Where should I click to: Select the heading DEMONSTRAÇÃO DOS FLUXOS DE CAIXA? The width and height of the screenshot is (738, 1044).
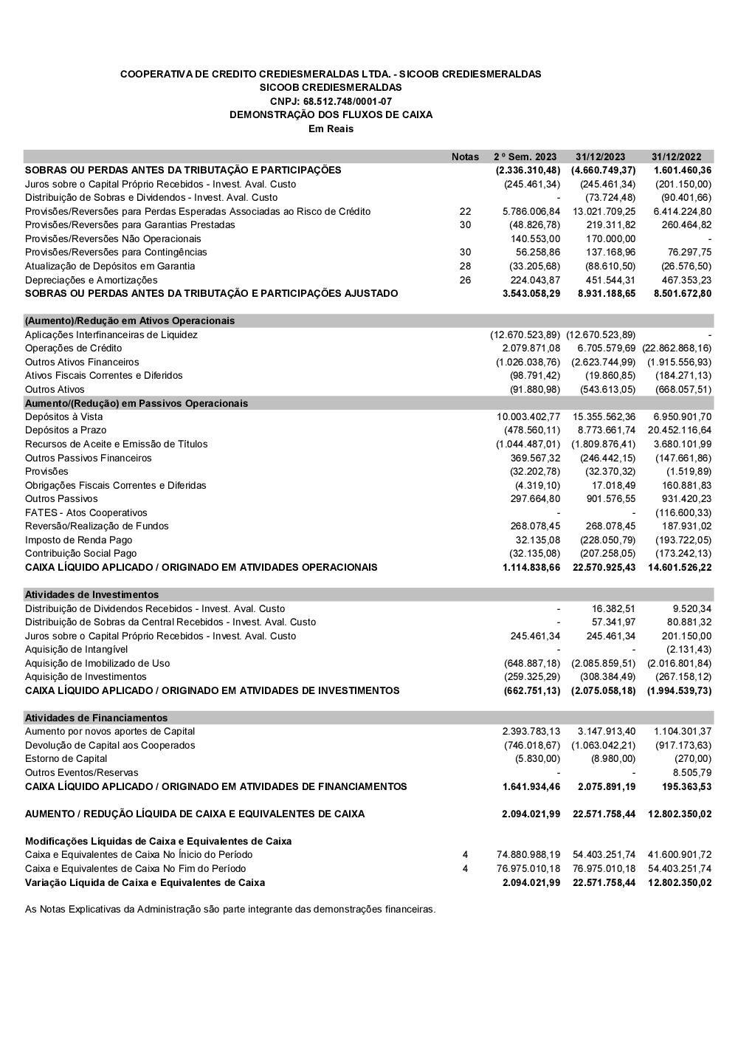[x=331, y=114]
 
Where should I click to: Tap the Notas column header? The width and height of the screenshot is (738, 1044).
[x=465, y=157]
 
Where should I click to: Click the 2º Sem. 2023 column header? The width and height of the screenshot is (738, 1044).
[x=525, y=157]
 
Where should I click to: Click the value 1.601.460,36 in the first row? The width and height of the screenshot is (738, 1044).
[x=683, y=170]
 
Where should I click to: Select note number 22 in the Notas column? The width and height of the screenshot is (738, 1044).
[x=465, y=211]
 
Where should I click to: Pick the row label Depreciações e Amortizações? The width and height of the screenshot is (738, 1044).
[x=92, y=280]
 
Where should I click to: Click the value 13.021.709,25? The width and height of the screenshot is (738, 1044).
[x=604, y=211]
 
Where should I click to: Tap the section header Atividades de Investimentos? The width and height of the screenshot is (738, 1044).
[x=92, y=594]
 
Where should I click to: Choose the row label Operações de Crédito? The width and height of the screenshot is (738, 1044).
[x=74, y=348]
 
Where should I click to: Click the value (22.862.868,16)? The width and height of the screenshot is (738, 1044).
[x=677, y=348]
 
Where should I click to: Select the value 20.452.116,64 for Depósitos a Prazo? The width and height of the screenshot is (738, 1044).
[x=680, y=430]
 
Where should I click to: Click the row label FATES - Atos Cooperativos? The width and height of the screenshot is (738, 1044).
[x=86, y=512]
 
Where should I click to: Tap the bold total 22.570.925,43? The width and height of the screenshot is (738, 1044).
[x=604, y=567]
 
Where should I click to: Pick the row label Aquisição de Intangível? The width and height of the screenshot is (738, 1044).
[x=77, y=649]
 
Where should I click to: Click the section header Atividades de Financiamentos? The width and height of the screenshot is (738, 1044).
[x=97, y=718]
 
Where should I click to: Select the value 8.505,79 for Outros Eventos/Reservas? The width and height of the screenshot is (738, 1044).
[x=693, y=772]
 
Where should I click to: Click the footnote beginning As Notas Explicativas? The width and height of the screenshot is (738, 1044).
[x=230, y=909]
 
